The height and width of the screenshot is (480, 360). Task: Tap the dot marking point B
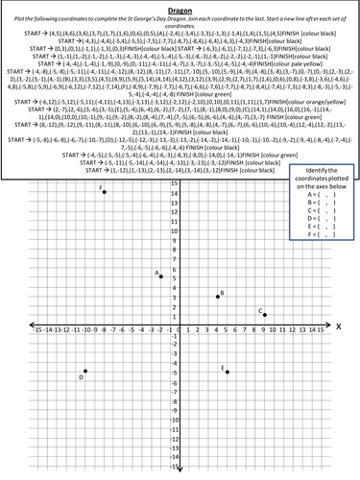[x=218, y=297]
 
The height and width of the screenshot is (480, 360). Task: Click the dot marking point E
[x=228, y=371]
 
